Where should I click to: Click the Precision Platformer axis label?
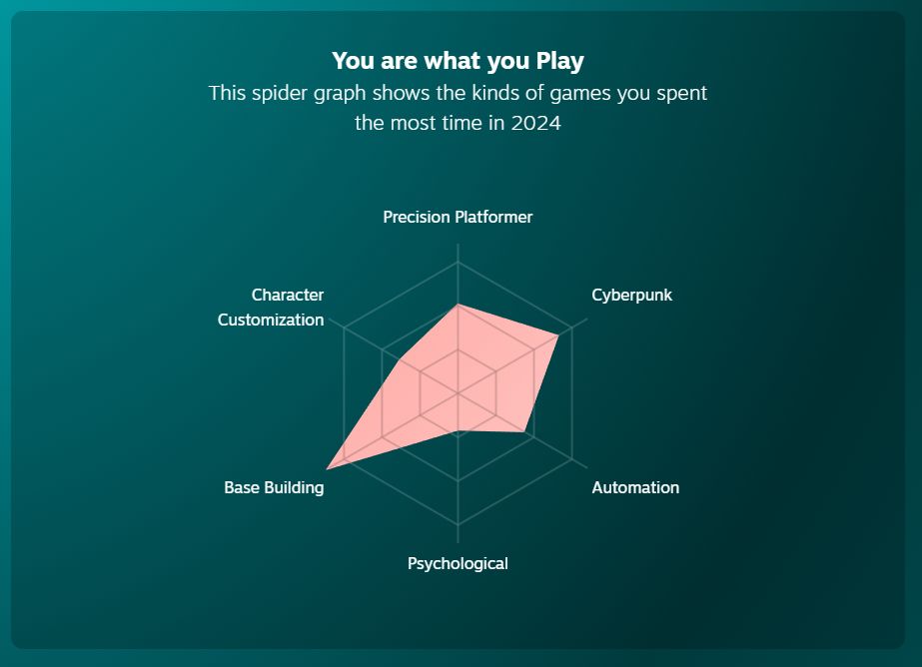pos(458,217)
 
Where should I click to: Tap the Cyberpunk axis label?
pos(631,295)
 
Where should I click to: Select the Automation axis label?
pos(635,487)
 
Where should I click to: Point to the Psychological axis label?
pos(458,563)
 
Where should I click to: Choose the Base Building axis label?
pos(274,487)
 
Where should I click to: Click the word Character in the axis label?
pos(288,295)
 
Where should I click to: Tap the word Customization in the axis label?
pos(271,320)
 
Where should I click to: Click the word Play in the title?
pos(559,61)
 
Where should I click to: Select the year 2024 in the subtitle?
pos(535,123)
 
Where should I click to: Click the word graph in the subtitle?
pos(340,94)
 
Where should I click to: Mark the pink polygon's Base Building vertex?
pos(327,469)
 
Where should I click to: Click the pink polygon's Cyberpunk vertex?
pos(558,334)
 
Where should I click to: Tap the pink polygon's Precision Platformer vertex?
pos(458,305)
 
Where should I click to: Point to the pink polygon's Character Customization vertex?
pos(401,359)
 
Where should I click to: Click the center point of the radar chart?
pos(458,393)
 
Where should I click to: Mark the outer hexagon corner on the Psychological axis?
pos(458,525)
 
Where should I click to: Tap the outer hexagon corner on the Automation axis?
pos(571,459)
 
